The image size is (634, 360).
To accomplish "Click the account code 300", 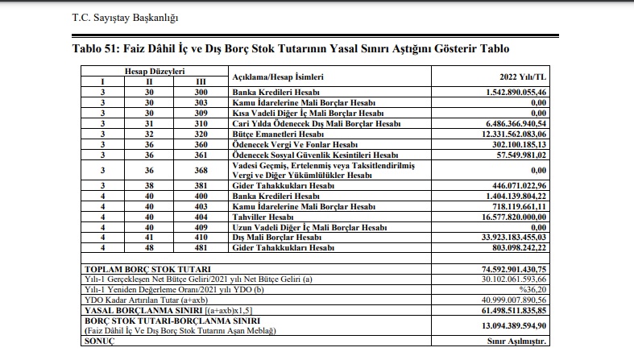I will click(201, 93).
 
